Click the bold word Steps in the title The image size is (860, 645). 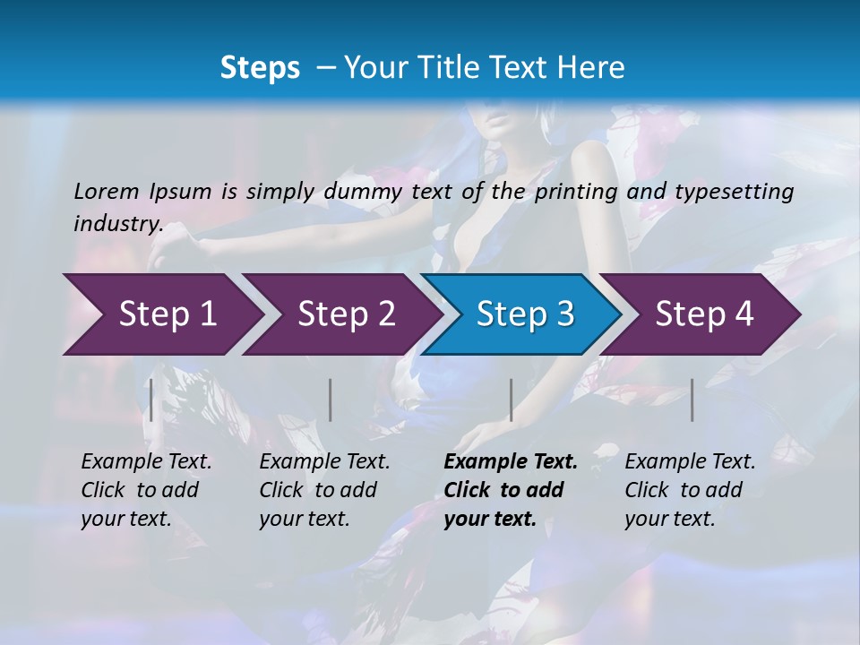coord(260,68)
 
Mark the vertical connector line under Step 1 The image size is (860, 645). coord(151,400)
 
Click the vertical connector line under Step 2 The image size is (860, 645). coord(331,400)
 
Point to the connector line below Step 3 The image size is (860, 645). coord(511,400)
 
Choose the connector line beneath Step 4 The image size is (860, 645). coord(692,400)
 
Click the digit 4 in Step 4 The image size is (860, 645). coord(744,314)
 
